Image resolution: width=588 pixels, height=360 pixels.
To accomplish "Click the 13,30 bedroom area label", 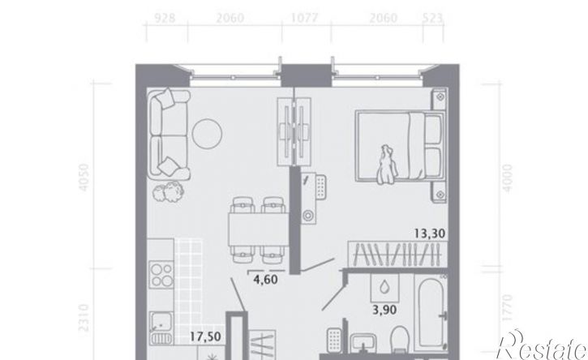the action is [x=430, y=234].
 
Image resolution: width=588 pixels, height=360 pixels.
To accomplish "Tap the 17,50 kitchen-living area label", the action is [x=205, y=336].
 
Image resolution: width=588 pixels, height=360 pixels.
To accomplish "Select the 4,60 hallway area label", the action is [x=265, y=280].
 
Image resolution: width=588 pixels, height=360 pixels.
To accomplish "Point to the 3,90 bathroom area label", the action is [x=384, y=311].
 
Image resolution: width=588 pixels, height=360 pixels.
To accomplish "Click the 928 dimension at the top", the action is [x=165, y=18].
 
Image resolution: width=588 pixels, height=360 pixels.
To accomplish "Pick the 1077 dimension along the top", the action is [x=304, y=18].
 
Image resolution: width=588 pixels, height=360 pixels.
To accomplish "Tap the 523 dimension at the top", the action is [x=433, y=18].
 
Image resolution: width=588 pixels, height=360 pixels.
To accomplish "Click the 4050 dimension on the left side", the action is [x=84, y=177].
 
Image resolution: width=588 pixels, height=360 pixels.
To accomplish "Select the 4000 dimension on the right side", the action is [x=508, y=178].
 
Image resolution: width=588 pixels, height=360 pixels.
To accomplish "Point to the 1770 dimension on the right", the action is [x=508, y=307].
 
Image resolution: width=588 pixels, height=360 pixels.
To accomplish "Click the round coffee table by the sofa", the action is [x=207, y=134].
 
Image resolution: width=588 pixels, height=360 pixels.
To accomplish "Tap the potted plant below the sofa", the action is [x=169, y=191].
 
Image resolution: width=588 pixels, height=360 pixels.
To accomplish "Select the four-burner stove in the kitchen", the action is [x=161, y=275].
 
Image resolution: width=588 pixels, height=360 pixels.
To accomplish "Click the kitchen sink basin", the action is [x=161, y=323].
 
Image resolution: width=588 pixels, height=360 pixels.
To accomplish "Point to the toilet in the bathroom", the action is [x=400, y=339].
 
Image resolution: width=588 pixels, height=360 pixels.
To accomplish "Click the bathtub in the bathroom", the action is [x=431, y=313].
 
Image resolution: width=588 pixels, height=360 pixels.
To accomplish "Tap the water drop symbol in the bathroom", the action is [x=384, y=288].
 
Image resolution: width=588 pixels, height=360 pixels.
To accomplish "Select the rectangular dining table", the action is [x=259, y=229].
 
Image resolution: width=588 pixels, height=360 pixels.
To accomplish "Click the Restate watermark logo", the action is [x=542, y=345].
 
